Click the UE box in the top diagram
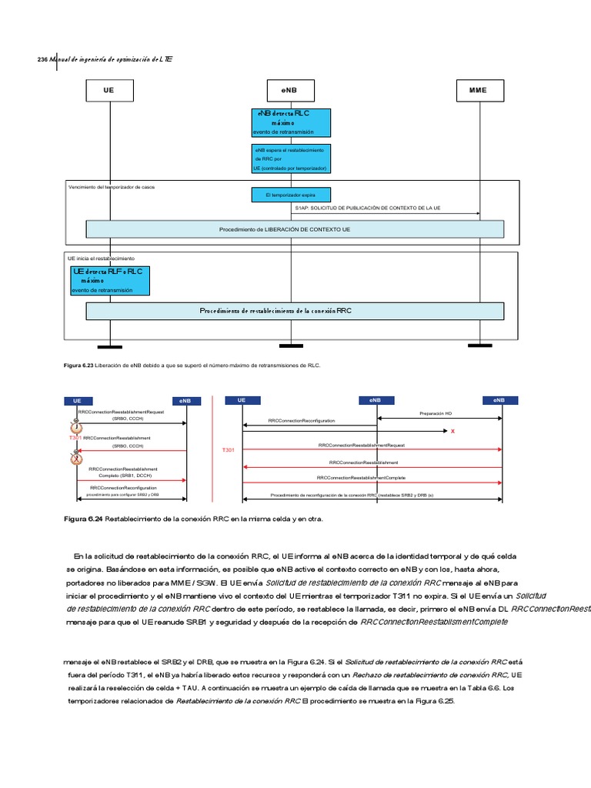(x=109, y=90)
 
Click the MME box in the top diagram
(x=478, y=90)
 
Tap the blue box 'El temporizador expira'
(x=291, y=195)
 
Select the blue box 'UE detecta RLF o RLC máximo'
(x=109, y=281)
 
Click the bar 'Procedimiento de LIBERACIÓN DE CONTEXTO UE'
(x=295, y=229)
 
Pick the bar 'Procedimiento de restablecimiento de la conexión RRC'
(x=295, y=311)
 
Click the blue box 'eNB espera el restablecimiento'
(x=291, y=159)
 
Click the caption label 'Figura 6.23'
(x=78, y=366)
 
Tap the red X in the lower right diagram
(x=452, y=432)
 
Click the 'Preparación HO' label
(x=436, y=413)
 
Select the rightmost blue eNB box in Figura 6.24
(x=499, y=400)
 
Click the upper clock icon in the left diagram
(x=76, y=428)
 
